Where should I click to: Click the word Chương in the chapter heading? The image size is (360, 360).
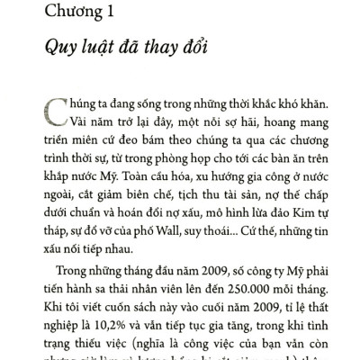point(76,12)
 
